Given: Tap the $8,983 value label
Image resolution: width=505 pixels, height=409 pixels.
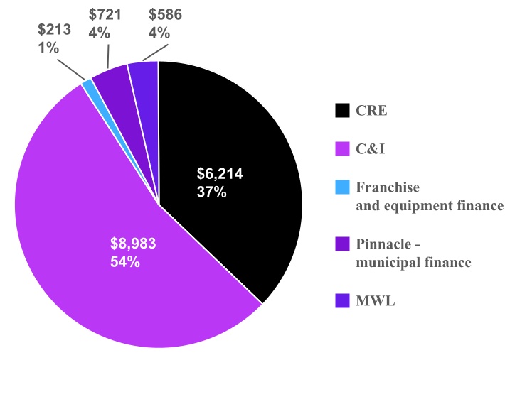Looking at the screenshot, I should coord(132,244).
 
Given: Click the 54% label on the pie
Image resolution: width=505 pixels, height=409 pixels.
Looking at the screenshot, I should coord(124,262).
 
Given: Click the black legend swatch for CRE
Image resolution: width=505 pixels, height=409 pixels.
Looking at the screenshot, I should coord(343,111).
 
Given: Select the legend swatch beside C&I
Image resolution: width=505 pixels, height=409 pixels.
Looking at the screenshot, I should coord(343,149).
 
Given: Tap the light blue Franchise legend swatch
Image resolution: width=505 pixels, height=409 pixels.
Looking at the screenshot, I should coord(343,187).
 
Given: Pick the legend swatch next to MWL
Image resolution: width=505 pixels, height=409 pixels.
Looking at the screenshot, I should coord(343,301).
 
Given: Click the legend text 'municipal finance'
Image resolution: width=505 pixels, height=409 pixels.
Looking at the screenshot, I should coord(413,263).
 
